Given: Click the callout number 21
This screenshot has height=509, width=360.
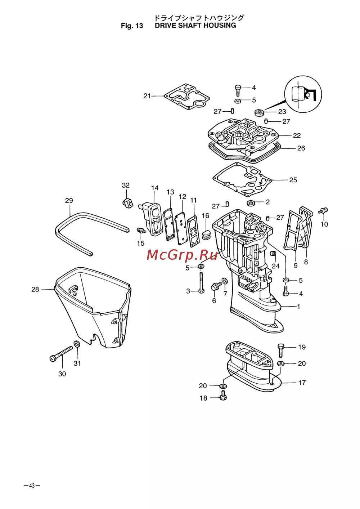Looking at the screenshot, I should coord(147,96).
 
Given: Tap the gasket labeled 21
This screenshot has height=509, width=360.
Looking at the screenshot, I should coord(187,97).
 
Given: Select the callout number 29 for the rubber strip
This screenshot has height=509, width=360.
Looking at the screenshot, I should coord(69,201).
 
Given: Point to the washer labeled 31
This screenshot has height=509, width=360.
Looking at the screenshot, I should coord(77,344).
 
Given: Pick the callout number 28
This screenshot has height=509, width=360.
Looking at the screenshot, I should coord(35,289).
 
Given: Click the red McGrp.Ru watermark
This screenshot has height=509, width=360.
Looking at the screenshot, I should coord(183,255).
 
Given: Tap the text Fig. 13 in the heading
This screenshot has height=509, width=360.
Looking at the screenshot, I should coord(132,26).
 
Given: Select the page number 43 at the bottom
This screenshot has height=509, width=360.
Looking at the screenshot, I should coord(32,486).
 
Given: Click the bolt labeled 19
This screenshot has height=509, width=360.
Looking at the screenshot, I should coord(281,349).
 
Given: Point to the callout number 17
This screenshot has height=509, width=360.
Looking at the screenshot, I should coord(302,383).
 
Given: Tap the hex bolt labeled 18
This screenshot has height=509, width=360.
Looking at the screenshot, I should coord(222,397).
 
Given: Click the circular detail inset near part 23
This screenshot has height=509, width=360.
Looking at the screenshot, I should coord(303,94).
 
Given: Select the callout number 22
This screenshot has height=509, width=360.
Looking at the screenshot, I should coord(297,135).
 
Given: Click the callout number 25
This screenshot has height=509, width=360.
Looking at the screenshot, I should coord(293,180).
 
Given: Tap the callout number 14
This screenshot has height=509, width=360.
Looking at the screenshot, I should coord(155,188).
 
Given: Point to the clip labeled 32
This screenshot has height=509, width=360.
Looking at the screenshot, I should coord(127,203).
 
